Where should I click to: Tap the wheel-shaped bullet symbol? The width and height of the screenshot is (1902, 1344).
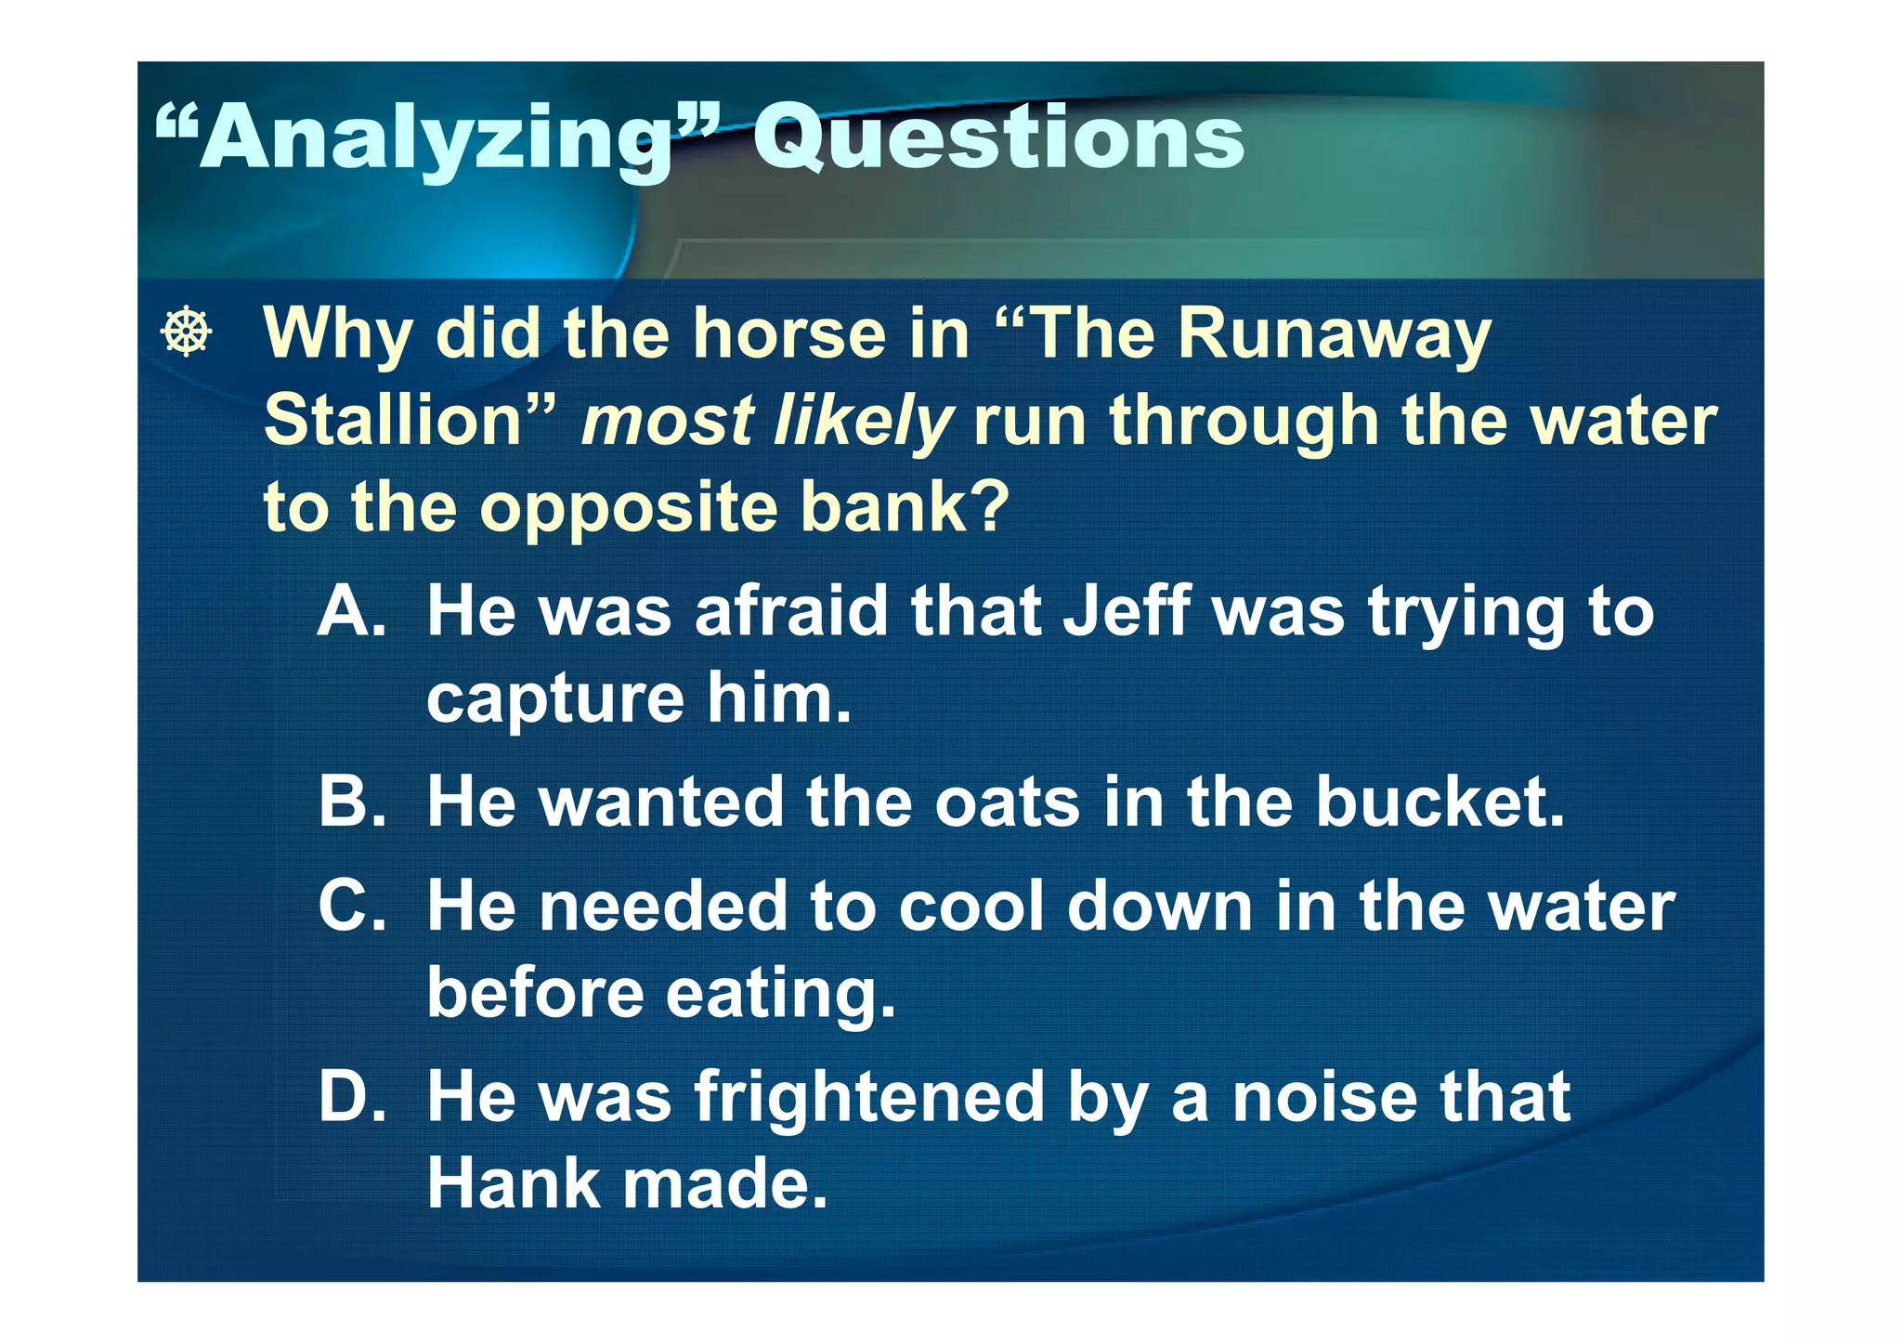coord(187,331)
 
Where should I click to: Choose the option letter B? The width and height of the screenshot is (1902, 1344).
coord(351,801)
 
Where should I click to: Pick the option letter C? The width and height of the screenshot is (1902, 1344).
coord(351,906)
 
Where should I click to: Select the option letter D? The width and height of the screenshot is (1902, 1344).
coord(351,1096)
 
